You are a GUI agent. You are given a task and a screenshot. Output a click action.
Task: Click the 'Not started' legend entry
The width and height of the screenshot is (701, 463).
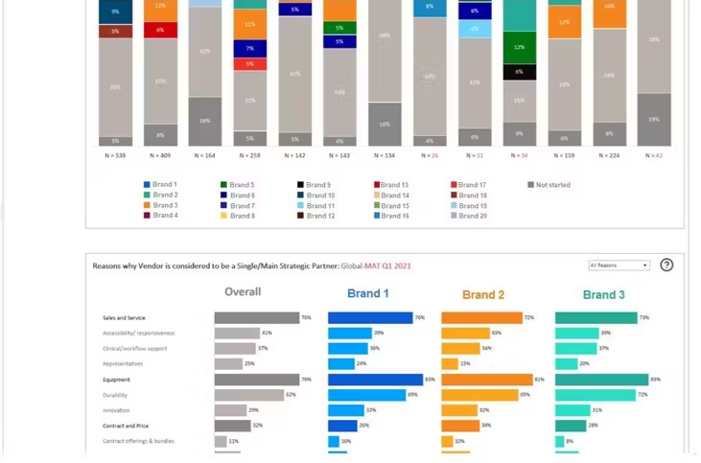[552, 185]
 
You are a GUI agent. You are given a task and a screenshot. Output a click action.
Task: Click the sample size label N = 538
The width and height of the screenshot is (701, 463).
[115, 154]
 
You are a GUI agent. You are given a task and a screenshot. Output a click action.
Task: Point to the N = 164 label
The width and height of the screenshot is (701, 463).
[204, 154]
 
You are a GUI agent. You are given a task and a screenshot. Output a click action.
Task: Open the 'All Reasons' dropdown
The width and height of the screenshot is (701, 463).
[619, 266]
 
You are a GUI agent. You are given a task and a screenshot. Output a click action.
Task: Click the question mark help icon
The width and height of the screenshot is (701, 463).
[666, 266]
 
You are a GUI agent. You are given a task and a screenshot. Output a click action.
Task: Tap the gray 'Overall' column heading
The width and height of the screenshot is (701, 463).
[243, 292]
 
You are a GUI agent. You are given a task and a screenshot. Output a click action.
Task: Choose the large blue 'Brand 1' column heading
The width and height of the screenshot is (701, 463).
[368, 293]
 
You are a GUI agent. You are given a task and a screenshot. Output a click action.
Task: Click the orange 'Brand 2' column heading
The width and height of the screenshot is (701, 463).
[483, 294]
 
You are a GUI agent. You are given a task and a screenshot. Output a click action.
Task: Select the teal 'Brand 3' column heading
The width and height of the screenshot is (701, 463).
[603, 294]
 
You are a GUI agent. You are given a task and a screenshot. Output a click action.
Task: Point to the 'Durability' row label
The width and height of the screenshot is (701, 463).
[115, 395]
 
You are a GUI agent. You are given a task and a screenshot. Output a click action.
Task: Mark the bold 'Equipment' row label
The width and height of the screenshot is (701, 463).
[116, 380]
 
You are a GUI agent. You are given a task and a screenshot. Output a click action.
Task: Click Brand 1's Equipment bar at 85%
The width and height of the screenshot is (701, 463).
[375, 380]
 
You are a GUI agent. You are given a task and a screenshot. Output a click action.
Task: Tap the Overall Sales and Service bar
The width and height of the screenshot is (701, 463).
[257, 317]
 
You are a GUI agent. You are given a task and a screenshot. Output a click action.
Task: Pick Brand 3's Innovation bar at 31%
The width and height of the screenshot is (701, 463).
[572, 410]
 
